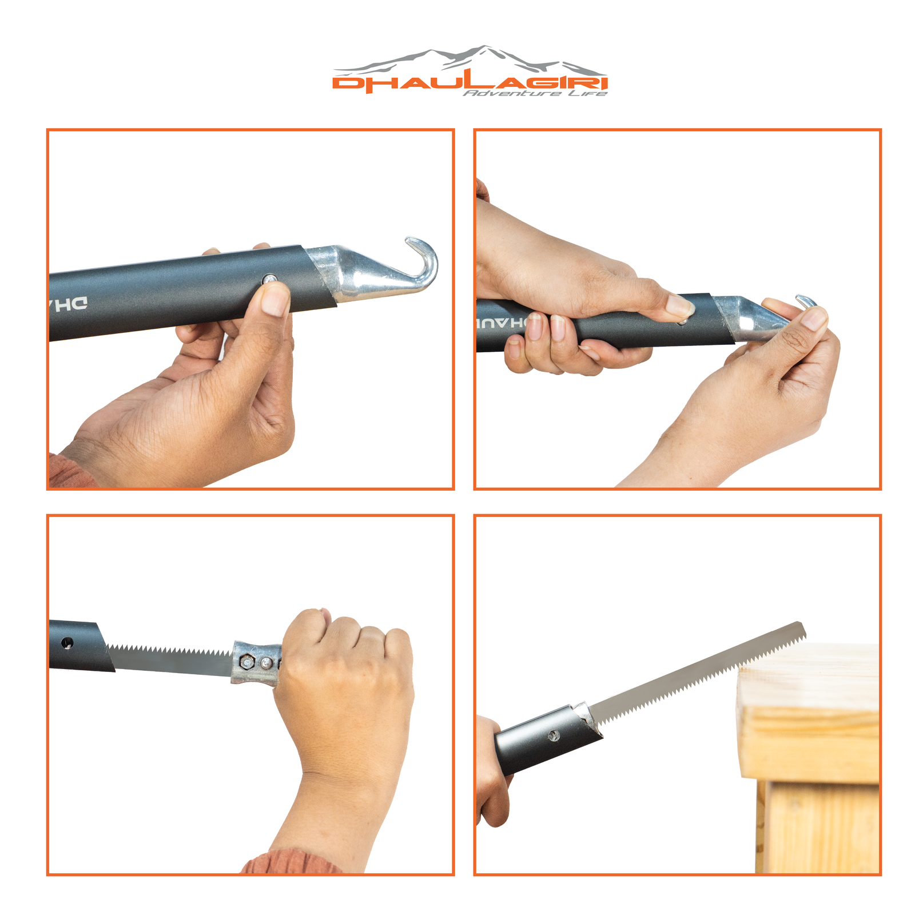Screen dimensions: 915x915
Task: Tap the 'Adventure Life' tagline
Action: click(x=534, y=93)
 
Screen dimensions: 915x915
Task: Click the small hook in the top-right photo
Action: click(x=806, y=300)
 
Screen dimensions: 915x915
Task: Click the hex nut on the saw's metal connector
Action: click(x=248, y=662)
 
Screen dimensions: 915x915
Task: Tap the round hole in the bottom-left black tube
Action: click(x=67, y=643)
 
